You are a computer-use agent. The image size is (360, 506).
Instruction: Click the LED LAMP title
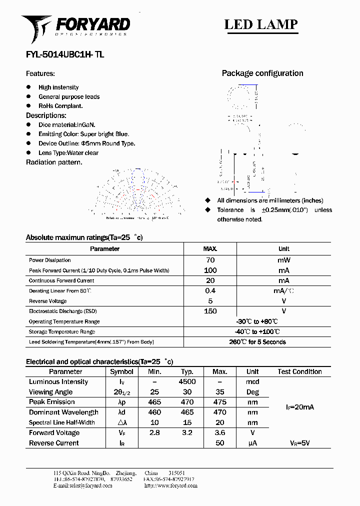pos(260,24)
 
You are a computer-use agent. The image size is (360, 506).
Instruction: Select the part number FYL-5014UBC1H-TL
pos(65,55)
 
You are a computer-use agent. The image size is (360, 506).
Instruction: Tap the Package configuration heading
pos(262,73)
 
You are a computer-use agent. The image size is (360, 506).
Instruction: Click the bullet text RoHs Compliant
pos(60,106)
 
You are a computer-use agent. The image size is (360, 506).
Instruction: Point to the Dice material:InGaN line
pos(66,124)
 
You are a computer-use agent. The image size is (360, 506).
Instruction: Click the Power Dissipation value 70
pos(210,260)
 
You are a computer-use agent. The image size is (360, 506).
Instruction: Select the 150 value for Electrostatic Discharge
pos(210,311)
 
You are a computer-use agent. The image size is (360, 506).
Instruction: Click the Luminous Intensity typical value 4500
pos(187,381)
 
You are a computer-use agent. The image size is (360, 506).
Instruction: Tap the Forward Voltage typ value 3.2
pos(187,433)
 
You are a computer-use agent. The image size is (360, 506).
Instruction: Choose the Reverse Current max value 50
pos(219,443)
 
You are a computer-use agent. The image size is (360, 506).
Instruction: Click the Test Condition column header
pos(299,371)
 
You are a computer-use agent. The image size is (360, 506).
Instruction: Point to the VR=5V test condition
pos(299,443)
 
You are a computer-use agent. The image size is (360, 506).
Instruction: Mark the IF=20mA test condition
pos(299,407)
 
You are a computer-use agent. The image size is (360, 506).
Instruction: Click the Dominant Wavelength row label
pos(63,412)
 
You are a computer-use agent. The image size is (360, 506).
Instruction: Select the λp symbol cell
pos(121,402)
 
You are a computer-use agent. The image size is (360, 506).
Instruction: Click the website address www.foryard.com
pos(170,485)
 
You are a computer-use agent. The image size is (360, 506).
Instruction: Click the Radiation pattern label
pos(54,162)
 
